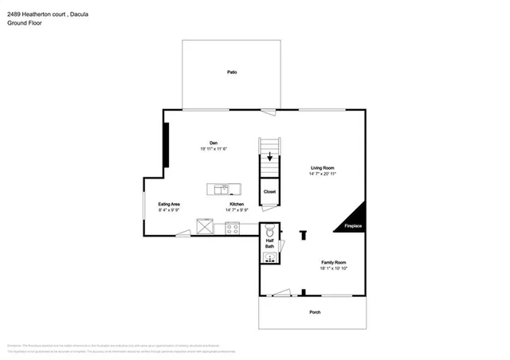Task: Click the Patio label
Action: pyautogui.click(x=232, y=72)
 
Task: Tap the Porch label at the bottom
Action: pyautogui.click(x=315, y=312)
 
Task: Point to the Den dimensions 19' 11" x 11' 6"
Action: pyautogui.click(x=214, y=149)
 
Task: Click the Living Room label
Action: pyautogui.click(x=322, y=168)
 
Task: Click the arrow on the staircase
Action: pyautogui.click(x=270, y=157)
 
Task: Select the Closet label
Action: pyautogui.click(x=270, y=192)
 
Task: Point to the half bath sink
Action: pyautogui.click(x=269, y=257)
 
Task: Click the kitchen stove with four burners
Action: pyautogui.click(x=233, y=228)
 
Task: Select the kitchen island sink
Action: pyautogui.click(x=225, y=189)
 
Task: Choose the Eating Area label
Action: pyautogui.click(x=168, y=205)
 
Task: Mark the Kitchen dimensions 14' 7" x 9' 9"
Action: pyautogui.click(x=237, y=210)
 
